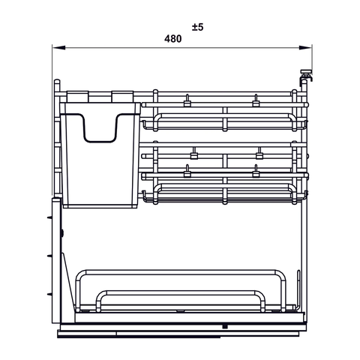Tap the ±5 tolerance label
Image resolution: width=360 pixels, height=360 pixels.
[197, 27]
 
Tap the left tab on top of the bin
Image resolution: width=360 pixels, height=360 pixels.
[78, 95]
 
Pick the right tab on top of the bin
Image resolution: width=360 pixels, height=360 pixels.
[121, 95]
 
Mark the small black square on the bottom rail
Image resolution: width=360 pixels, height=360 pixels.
[224, 327]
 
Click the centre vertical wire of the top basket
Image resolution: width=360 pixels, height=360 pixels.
[224, 118]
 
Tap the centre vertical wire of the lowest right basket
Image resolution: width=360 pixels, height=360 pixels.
[224, 193]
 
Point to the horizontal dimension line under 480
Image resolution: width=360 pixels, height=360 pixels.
[112, 49]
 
